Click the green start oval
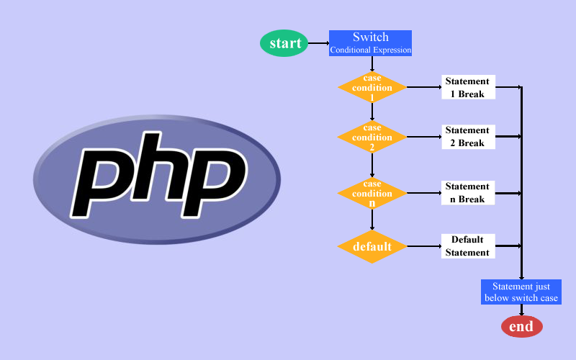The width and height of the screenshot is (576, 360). pos(285,43)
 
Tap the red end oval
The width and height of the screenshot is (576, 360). pos(521,327)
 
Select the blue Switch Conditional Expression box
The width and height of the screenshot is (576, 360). pos(370,43)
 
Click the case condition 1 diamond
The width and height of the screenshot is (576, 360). pos(372,88)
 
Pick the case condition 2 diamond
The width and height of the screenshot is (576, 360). pos(372,137)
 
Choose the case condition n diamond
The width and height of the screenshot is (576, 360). pos(372,193)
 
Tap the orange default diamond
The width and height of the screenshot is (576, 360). pos(372,247)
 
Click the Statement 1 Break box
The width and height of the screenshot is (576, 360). pos(467,88)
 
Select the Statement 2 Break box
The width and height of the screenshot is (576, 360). pos(467,137)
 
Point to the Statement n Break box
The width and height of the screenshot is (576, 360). pos(467,193)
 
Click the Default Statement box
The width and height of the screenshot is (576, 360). pos(467,246)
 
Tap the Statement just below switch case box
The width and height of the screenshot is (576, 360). pos(521,292)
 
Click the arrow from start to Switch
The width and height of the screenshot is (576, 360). pos(319,43)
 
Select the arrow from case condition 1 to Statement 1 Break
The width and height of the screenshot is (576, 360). pos(424,88)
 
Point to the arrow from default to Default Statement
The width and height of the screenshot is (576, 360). pos(424,247)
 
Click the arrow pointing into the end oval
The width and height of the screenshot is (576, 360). pos(521,310)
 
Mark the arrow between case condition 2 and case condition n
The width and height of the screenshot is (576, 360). pos(372,166)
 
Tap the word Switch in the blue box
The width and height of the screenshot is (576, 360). pos(370,37)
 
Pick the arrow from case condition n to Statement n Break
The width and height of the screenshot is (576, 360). pos(424,193)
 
